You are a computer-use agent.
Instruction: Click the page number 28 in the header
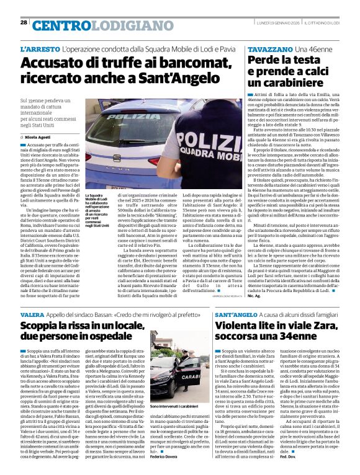(x=24, y=22)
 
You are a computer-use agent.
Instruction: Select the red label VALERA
(x=32, y=315)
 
